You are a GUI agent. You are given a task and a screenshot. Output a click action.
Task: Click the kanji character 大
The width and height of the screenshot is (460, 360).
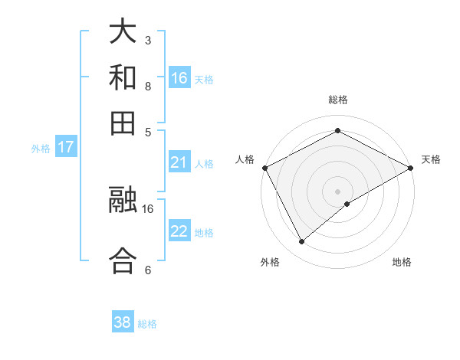[x=123, y=32]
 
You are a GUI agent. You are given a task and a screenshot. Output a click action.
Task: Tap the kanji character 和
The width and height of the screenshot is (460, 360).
[x=123, y=77]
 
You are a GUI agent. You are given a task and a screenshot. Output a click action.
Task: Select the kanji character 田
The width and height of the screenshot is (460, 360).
[x=123, y=123]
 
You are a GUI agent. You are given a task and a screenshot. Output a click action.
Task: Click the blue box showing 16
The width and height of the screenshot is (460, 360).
[x=179, y=77]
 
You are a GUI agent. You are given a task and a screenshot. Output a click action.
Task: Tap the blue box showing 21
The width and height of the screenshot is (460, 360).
[x=179, y=162]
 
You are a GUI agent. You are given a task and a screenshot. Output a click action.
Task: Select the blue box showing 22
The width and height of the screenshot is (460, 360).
[x=179, y=232]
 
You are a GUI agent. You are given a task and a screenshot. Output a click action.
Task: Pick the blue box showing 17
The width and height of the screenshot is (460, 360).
[x=65, y=147]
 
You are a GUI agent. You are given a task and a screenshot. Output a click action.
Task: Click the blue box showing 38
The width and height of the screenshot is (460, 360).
[x=123, y=322]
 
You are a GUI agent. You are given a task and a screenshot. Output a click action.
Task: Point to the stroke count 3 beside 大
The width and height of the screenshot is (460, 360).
[x=148, y=40]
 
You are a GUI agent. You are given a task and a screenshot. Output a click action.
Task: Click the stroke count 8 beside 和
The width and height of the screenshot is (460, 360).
[x=148, y=86]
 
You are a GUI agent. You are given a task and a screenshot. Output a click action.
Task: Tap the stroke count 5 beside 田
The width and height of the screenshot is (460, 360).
[x=148, y=131]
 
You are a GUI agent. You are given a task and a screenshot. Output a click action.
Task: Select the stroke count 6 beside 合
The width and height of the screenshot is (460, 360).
[x=148, y=270]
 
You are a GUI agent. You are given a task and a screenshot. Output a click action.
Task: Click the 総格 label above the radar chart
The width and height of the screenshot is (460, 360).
[x=338, y=100]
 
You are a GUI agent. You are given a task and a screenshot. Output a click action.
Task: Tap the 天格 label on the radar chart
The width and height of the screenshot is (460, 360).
[x=431, y=159]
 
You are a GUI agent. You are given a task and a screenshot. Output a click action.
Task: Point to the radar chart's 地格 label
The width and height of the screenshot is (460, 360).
[x=402, y=263]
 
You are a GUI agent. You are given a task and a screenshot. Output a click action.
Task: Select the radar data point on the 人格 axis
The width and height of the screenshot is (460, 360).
[x=264, y=167]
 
